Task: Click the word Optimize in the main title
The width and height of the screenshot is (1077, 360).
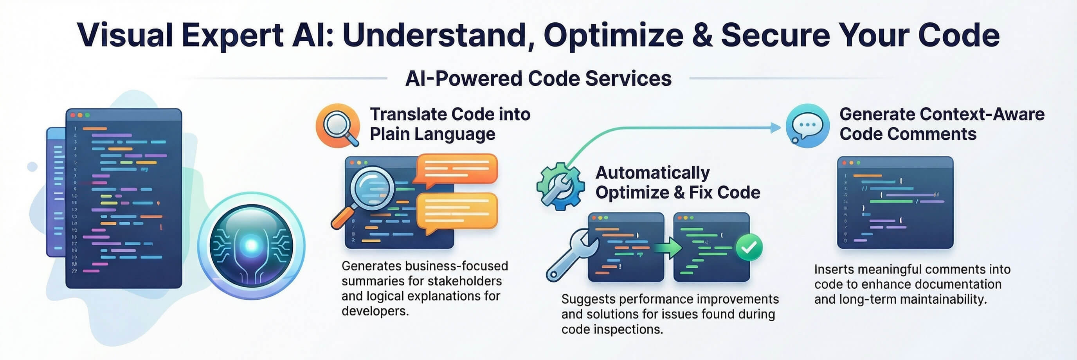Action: coord(613,36)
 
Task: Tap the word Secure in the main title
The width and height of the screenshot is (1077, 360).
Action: coord(776,36)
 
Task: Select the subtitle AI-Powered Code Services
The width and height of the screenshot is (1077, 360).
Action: coord(538,79)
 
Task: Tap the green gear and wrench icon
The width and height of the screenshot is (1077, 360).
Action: coord(560,186)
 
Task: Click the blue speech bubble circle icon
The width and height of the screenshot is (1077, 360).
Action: coord(807,126)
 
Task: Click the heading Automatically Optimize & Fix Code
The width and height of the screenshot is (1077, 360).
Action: coord(677,182)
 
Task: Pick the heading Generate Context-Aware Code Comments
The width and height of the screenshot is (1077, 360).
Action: coord(942,124)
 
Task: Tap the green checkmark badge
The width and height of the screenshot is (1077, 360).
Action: coord(749,248)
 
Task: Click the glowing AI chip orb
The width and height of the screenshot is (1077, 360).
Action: coord(251,245)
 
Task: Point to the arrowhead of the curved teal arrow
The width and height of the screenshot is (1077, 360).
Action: coord(776,128)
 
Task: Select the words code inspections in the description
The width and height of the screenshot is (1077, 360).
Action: coord(612,329)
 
